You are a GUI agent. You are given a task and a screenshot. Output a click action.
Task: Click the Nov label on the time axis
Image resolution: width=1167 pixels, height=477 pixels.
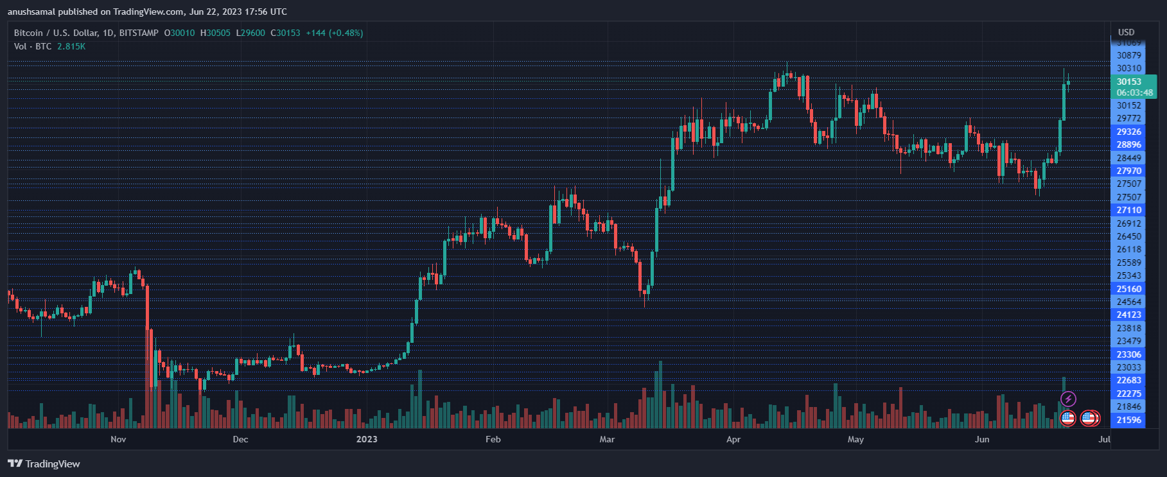tap(118, 439)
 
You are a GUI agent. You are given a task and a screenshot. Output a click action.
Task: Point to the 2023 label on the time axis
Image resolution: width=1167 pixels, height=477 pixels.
tap(367, 439)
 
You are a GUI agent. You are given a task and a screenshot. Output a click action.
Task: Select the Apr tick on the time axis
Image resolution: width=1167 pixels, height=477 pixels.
tap(733, 439)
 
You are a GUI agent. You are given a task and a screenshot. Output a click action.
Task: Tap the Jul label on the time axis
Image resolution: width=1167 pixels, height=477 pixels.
tap(1104, 439)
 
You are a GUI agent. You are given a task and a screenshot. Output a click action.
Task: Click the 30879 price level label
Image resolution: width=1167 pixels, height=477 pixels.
tap(1128, 55)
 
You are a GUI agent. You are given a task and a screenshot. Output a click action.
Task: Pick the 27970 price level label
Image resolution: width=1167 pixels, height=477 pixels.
tap(1128, 171)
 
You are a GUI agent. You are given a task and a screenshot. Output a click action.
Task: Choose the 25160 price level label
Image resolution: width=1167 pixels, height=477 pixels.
tap(1128, 289)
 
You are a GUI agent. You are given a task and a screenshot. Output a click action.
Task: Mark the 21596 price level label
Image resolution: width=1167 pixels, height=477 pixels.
tap(1128, 420)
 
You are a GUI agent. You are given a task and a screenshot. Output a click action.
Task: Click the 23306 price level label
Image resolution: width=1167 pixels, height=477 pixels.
tap(1128, 354)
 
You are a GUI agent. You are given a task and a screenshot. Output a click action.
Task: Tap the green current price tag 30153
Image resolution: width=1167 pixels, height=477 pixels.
tap(1129, 82)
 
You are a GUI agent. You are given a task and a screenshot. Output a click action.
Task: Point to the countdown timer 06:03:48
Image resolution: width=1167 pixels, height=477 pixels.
tap(1134, 92)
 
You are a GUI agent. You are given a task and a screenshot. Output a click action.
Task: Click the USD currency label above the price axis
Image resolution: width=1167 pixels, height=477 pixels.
tap(1126, 32)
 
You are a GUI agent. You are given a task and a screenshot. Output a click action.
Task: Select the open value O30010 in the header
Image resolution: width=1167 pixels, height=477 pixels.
tap(179, 33)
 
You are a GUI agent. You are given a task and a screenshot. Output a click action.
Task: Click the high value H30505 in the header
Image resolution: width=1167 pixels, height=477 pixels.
tap(215, 33)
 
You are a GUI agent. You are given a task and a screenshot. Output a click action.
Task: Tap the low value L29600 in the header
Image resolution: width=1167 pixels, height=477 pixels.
tap(250, 33)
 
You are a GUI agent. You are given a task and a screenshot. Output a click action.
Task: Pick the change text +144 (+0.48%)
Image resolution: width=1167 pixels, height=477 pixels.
tap(334, 33)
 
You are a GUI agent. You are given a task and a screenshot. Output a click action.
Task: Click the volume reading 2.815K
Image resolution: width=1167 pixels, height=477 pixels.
tap(71, 46)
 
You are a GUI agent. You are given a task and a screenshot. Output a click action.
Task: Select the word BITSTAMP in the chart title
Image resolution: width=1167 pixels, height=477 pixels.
tap(139, 33)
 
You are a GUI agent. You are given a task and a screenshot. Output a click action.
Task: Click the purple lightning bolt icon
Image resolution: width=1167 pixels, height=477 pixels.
tap(1068, 399)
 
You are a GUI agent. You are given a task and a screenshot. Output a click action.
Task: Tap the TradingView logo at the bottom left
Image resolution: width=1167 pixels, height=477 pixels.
tap(44, 464)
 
